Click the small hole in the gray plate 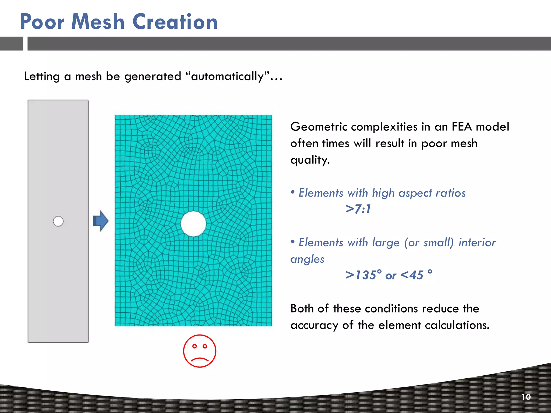click(x=58, y=221)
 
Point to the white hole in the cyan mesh click(x=193, y=224)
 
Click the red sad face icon click(x=200, y=351)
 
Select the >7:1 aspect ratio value click(x=358, y=209)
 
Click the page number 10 click(x=526, y=397)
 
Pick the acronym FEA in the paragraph click(x=461, y=127)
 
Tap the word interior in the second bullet click(x=477, y=243)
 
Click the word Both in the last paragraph click(x=302, y=308)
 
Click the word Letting click(x=42, y=77)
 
